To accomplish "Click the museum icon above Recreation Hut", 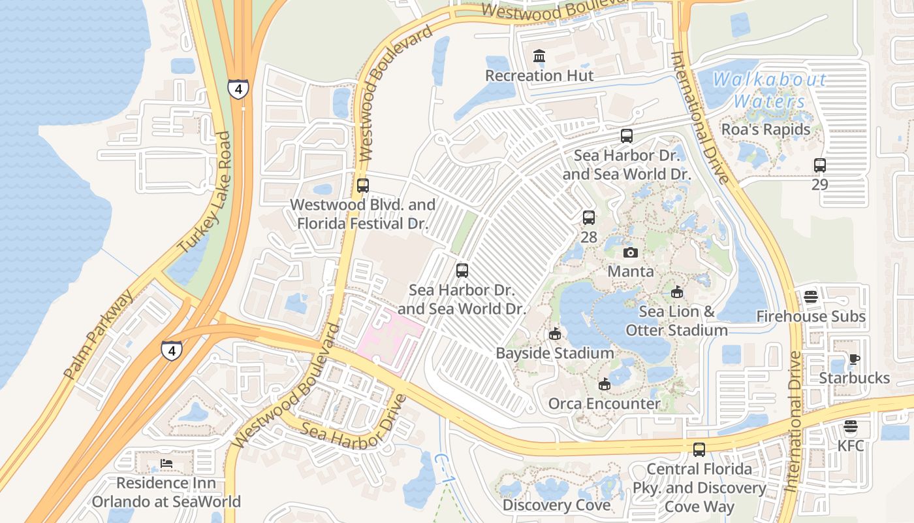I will (x=539, y=56).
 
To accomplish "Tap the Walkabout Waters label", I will (x=770, y=91).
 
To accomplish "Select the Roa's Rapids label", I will (x=766, y=129).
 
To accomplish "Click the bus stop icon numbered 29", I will (x=820, y=165).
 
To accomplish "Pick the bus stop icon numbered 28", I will (x=589, y=218).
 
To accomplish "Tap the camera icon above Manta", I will (x=631, y=252).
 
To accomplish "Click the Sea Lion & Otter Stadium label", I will (x=677, y=321).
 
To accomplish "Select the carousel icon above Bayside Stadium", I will (x=555, y=334).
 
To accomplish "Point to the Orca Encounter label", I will (x=604, y=403).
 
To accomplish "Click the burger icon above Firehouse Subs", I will (x=811, y=297).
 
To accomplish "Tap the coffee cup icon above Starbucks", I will (x=854, y=359).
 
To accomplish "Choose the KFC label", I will (x=851, y=446).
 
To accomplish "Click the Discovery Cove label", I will (x=556, y=505).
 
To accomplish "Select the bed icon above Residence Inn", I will (x=166, y=464).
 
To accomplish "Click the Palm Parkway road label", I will (x=99, y=333).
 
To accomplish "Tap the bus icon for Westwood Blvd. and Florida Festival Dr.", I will (x=363, y=186).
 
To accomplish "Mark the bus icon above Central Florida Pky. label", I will (x=699, y=450).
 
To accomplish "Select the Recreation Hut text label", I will (x=539, y=76).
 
